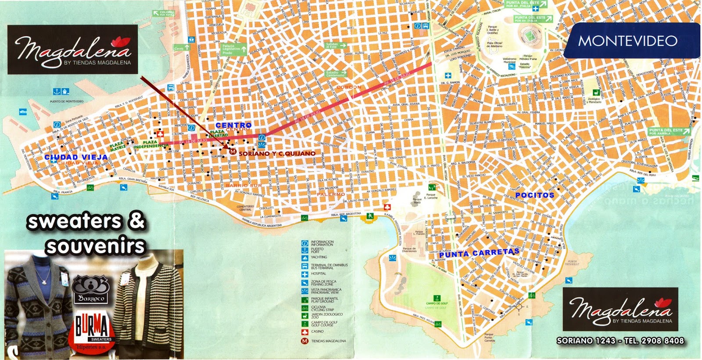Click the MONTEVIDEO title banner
point(628,41)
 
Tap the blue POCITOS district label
point(534,195)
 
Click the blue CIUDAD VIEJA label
point(76,157)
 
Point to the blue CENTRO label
point(233,126)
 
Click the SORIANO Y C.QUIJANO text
point(277,154)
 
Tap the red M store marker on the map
point(233,152)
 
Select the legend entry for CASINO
point(317,331)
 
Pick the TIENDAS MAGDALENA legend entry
point(328,341)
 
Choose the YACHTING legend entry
point(319,257)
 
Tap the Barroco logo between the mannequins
point(91,290)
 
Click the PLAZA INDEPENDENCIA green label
point(150,144)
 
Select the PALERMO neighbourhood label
point(331,194)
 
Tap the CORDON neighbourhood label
point(349,87)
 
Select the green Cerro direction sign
point(181,48)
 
